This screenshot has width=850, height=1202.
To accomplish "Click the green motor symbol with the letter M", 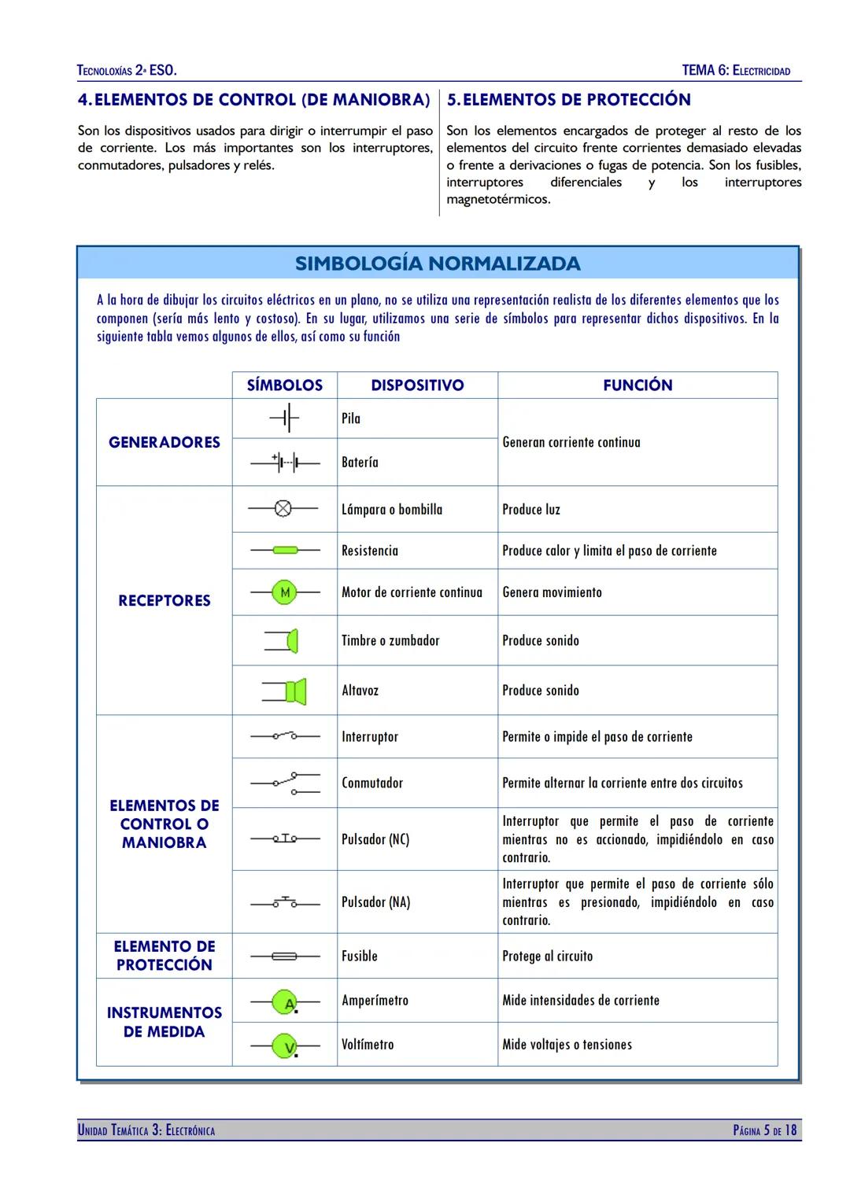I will [284, 592].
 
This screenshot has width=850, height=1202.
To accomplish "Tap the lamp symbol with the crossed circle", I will [283, 509].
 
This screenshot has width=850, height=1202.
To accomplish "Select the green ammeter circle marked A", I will [285, 1001].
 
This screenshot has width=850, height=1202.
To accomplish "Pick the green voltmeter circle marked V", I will [285, 1045].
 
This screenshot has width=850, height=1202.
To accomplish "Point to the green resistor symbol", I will [285, 551].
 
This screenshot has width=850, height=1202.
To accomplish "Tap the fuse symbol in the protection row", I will [284, 957].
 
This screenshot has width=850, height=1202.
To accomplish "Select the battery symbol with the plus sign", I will [285, 463].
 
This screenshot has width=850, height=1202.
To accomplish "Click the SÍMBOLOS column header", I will [284, 385].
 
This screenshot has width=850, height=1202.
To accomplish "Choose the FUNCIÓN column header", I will [637, 385].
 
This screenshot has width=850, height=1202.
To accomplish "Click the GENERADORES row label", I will [164, 442].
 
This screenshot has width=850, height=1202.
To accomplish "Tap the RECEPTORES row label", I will [164, 601].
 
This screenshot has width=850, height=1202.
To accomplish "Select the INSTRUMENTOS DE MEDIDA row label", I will [164, 1022].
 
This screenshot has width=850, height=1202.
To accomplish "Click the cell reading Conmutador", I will [372, 783].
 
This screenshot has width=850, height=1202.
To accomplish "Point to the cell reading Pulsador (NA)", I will [376, 902].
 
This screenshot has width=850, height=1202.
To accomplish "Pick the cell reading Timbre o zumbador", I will [390, 640].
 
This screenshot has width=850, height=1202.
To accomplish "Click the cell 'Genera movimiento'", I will [552, 592].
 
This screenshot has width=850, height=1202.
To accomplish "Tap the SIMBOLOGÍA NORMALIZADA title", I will [438, 264].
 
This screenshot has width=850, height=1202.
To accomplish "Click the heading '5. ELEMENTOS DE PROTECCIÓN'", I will [569, 100].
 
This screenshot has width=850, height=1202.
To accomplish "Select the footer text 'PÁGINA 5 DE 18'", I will [764, 1130].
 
